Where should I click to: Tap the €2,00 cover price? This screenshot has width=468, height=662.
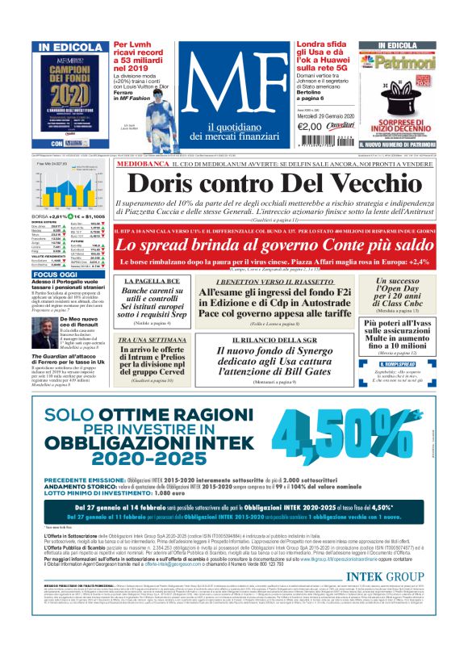[310, 125]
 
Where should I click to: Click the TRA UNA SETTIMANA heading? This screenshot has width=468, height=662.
[147, 340]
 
